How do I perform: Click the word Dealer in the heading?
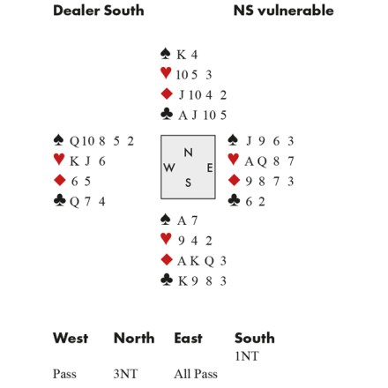point(77,11)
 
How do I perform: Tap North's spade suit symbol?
point(166,54)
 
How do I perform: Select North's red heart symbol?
point(166,73)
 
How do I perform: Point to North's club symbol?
point(167,114)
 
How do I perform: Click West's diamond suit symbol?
point(60,180)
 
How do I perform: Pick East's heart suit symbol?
point(234,160)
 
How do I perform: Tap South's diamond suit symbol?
point(167,260)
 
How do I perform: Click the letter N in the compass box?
point(188,153)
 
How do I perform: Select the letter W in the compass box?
point(169,168)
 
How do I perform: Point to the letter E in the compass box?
point(210,168)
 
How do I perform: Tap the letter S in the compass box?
point(188,183)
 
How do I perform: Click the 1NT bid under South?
point(247,356)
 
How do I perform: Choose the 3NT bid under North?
point(125,374)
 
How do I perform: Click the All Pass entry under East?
point(196,374)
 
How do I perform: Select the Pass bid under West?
point(64,374)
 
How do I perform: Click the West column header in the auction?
point(71,338)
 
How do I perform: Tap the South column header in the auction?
point(255,338)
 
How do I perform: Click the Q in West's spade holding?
point(74,142)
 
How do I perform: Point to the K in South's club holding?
point(183,281)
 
